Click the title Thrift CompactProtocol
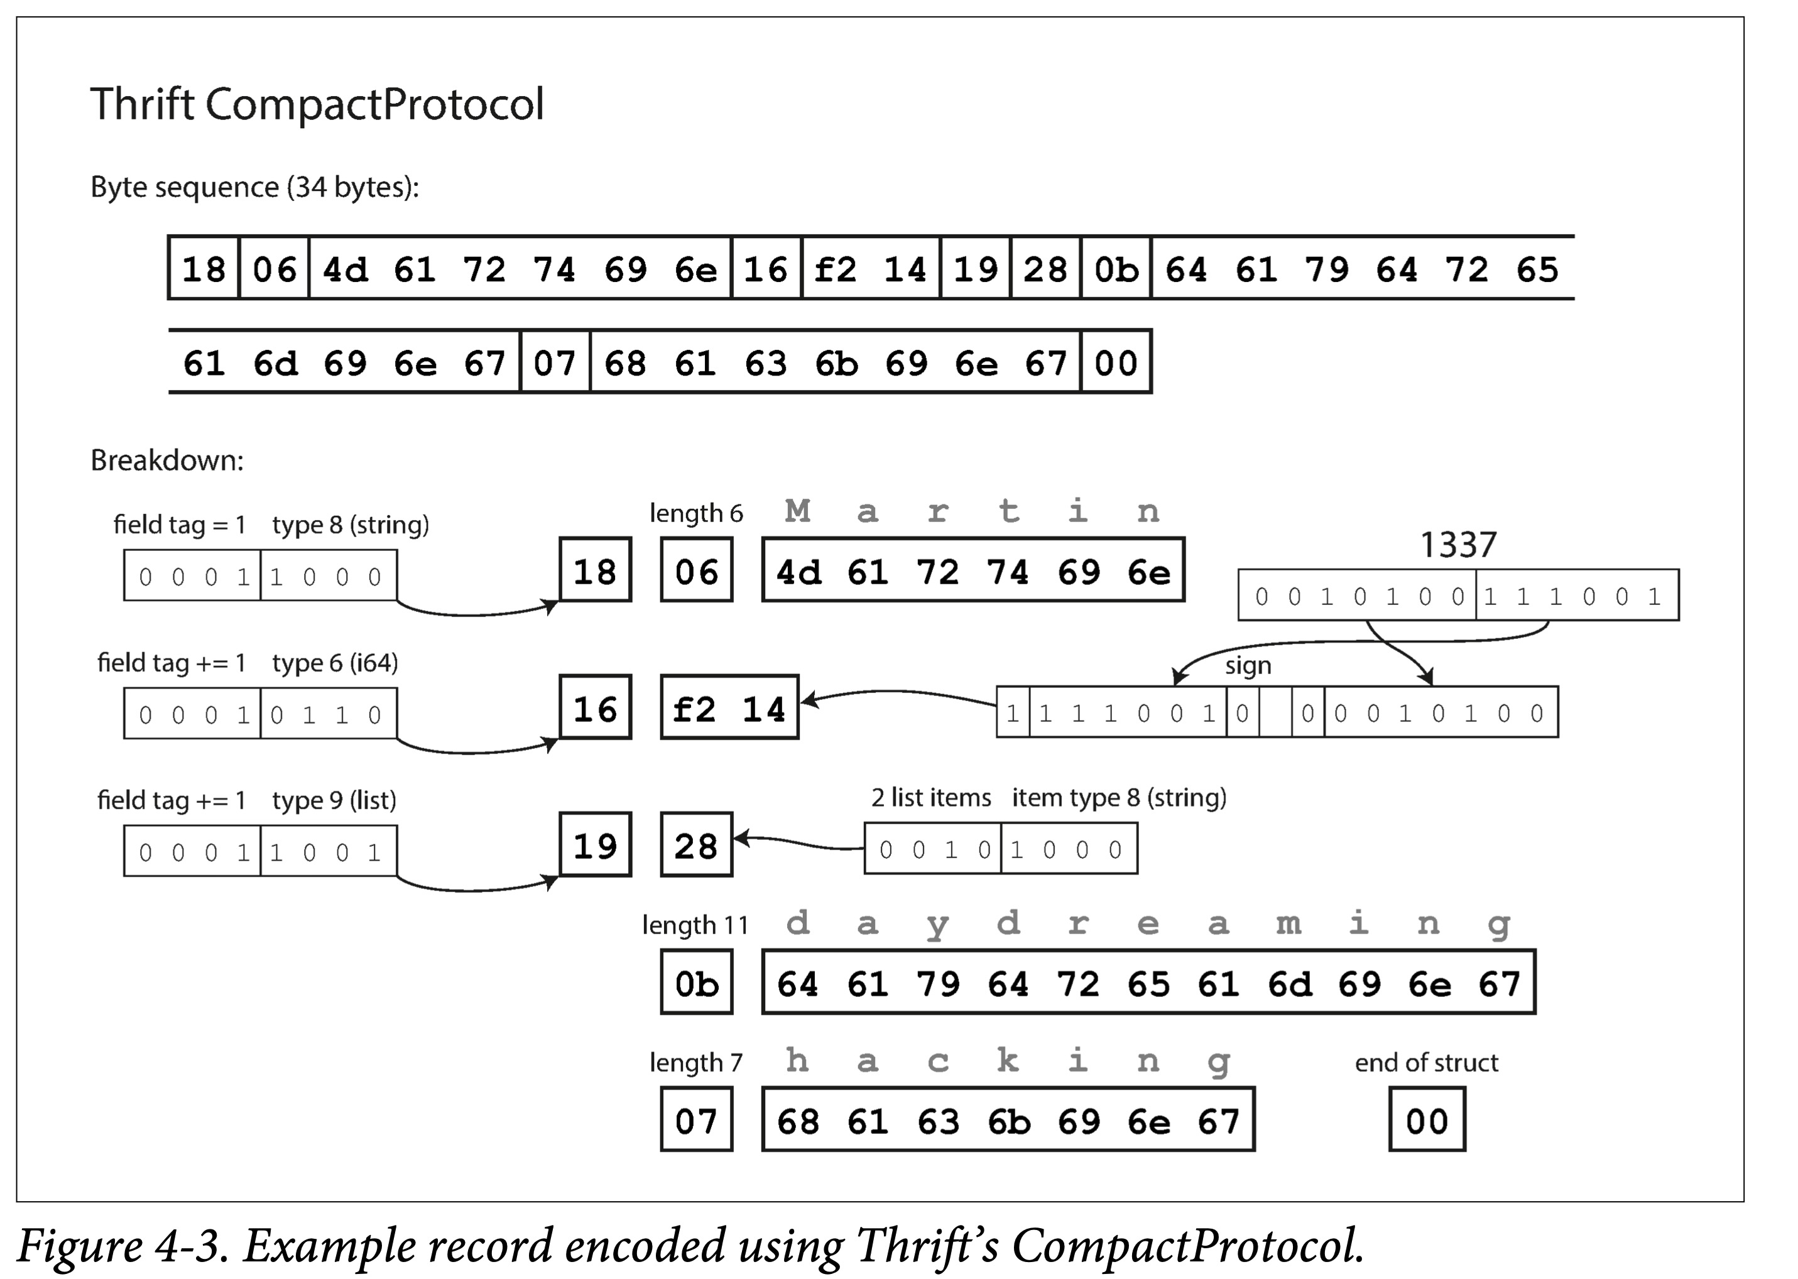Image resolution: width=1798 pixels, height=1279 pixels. point(317,104)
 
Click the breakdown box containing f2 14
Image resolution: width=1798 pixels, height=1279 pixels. point(729,707)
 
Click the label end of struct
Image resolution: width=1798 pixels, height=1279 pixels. point(1426,1062)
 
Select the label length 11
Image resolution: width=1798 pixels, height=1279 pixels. point(695,925)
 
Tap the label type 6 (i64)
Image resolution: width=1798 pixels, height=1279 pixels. point(335,663)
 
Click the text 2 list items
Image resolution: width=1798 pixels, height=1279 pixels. point(931,798)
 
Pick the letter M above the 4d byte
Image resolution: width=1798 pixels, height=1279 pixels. point(798,511)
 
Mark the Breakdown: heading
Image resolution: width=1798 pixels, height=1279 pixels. point(167,460)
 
